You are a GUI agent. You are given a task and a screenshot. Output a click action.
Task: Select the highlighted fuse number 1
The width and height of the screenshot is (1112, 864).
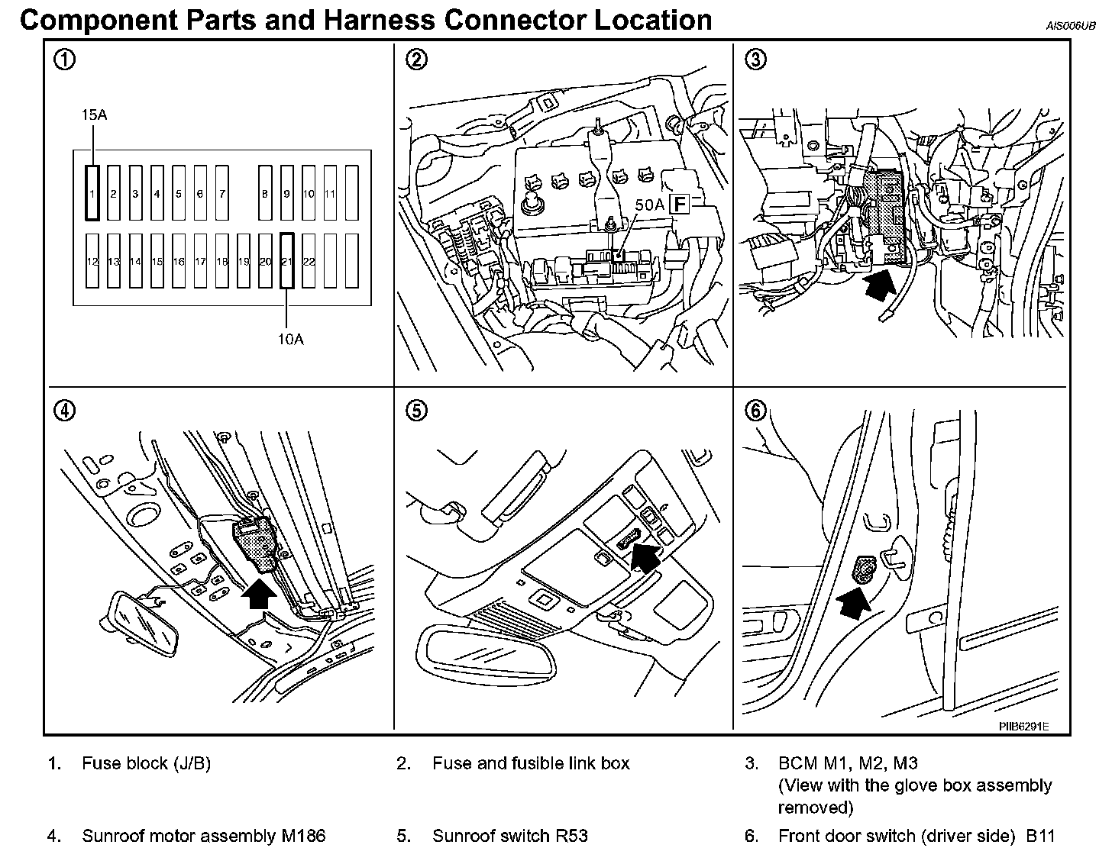tap(92, 193)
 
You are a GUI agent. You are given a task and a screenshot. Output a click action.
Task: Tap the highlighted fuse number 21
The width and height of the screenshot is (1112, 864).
tap(287, 261)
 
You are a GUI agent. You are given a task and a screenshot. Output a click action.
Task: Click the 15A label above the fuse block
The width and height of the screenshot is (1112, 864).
tap(94, 114)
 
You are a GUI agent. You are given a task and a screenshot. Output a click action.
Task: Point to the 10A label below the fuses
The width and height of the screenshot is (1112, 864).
tap(290, 339)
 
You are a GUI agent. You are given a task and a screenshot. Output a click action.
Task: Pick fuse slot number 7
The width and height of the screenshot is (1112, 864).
tap(222, 193)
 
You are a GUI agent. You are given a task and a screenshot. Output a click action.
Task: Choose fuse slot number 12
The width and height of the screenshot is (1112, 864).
tap(92, 261)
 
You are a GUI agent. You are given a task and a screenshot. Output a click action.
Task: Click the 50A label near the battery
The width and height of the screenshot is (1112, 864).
tap(649, 205)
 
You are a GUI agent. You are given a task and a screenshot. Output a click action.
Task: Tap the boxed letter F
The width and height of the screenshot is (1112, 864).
tap(678, 204)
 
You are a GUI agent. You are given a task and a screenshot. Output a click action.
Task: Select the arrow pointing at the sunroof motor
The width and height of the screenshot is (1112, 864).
tap(259, 592)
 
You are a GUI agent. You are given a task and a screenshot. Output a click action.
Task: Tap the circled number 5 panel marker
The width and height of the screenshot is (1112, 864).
tap(416, 411)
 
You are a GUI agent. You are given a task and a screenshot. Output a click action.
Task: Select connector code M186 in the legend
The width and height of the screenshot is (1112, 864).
tap(303, 836)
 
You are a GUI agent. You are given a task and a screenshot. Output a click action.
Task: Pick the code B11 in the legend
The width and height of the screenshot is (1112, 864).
tap(1039, 836)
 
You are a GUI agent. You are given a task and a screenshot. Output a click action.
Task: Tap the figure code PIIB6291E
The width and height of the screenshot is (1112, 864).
tap(1023, 726)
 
